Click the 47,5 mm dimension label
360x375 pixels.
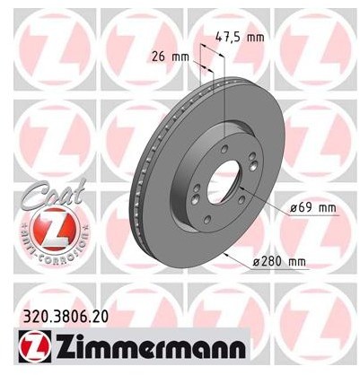coord(240,38)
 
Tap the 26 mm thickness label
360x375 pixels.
coord(171,57)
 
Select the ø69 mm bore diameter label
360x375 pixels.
coord(313,207)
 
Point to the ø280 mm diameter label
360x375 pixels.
coord(279,262)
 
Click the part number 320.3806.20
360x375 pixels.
coord(66,317)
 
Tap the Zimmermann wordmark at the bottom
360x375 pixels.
coord(150,347)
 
